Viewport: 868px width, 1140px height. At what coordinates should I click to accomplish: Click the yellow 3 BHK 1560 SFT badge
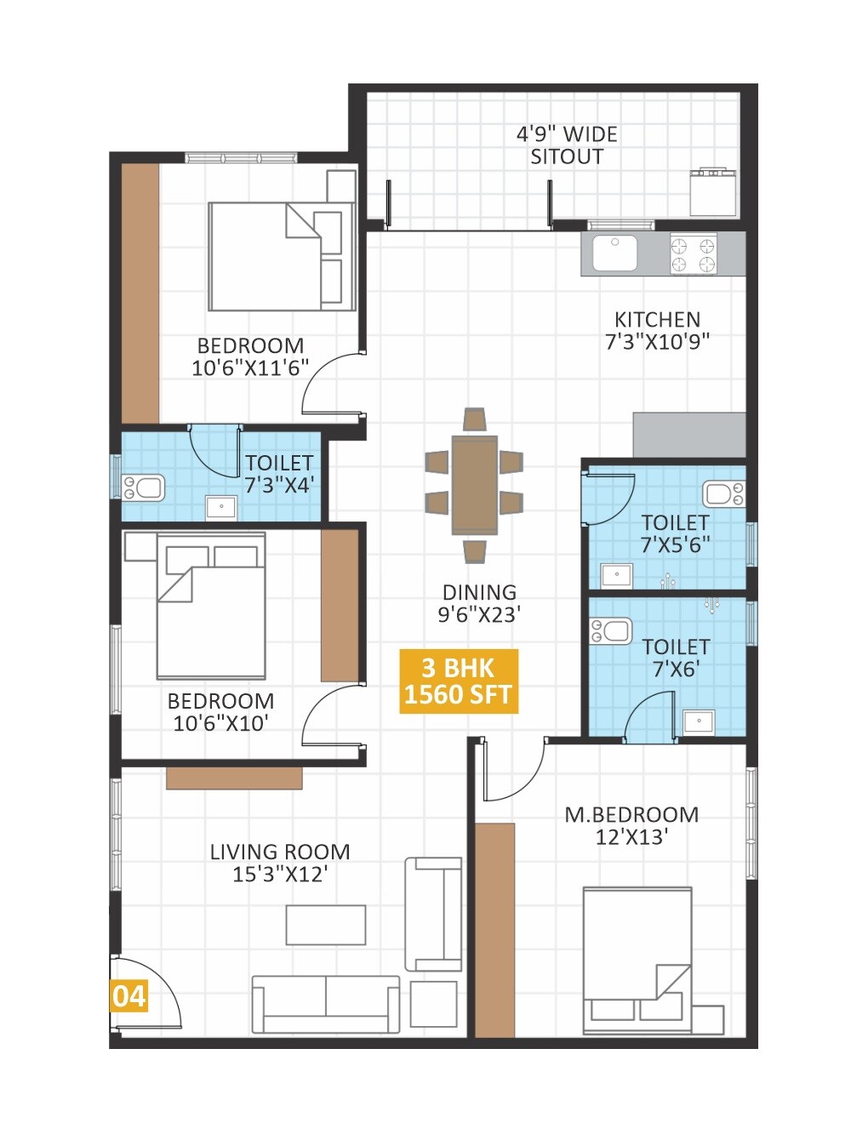(x=458, y=681)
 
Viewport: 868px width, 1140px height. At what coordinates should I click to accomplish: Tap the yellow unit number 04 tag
(x=128, y=995)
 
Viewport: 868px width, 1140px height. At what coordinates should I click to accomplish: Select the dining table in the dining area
(x=474, y=485)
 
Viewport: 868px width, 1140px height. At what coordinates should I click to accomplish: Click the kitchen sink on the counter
(x=614, y=254)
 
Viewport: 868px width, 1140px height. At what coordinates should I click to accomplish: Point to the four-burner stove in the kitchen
(x=693, y=254)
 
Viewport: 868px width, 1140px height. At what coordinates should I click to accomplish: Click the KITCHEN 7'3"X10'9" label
(x=657, y=331)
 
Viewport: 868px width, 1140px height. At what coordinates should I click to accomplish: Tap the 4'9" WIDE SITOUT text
(x=567, y=145)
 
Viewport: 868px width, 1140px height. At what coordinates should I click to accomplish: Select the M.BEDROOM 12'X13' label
(x=631, y=826)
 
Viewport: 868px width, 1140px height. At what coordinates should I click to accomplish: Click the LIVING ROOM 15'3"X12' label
(x=280, y=863)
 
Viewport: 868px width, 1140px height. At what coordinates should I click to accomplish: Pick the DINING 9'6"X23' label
(x=479, y=604)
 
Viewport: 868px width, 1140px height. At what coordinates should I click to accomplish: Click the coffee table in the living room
(x=326, y=925)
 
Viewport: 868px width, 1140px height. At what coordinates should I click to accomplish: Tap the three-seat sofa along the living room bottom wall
(x=326, y=1004)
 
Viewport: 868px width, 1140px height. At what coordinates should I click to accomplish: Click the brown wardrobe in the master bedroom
(x=494, y=930)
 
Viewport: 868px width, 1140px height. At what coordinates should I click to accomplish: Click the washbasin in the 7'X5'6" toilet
(x=616, y=575)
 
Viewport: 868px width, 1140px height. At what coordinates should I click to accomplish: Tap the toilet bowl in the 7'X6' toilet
(x=611, y=631)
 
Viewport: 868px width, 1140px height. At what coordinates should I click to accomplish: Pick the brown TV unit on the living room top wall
(x=234, y=778)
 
